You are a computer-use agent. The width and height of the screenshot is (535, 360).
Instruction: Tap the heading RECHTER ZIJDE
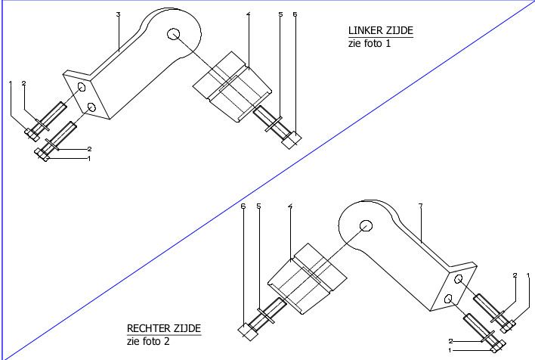click(x=163, y=329)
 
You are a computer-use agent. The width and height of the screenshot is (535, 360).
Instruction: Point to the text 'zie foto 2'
click(x=148, y=342)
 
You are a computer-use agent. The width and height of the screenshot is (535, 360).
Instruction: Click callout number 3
click(x=119, y=14)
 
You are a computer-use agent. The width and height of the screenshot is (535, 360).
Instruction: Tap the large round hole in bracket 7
click(x=365, y=225)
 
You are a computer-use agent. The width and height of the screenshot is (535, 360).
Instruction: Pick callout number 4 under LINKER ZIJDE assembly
click(x=248, y=14)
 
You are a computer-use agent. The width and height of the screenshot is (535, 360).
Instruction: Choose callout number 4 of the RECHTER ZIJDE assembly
click(x=290, y=206)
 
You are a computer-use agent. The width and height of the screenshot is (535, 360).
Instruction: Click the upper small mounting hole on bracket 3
click(x=80, y=88)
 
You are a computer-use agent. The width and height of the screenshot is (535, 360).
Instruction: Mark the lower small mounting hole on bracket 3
click(x=91, y=107)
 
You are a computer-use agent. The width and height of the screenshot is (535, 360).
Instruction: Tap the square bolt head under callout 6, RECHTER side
click(x=246, y=331)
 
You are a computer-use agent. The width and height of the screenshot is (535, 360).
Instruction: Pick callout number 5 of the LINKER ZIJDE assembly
click(x=280, y=14)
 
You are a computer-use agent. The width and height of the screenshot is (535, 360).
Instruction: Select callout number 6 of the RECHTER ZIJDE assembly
click(x=243, y=206)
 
